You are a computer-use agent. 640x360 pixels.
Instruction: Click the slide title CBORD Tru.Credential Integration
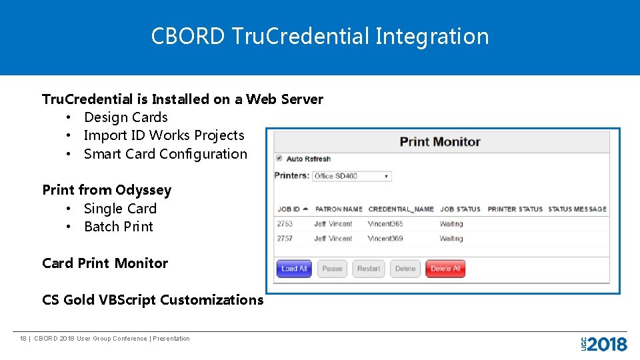320,36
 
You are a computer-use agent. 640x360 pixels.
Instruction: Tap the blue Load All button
294,269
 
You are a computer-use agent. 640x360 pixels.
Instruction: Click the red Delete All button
445,269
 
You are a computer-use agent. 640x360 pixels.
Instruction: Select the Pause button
332,269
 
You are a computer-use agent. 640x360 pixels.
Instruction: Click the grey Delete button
405,269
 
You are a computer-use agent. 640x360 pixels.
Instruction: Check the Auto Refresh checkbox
279,159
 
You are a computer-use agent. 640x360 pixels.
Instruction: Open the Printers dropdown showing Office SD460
352,176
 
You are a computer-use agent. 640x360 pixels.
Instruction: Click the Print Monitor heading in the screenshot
440,141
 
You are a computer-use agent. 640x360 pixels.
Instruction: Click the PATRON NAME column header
339,209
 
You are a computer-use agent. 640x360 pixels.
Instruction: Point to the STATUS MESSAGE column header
577,209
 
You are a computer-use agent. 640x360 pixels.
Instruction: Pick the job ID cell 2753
285,224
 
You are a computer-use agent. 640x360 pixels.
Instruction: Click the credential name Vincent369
385,239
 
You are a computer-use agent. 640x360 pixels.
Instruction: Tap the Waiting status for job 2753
451,224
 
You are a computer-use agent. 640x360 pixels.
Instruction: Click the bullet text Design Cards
126,117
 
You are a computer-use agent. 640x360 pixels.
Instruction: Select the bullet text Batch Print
119,227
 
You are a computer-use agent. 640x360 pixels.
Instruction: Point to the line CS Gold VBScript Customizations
153,300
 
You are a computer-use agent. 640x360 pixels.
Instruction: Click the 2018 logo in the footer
604,343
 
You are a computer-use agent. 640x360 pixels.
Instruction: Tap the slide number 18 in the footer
23,339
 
